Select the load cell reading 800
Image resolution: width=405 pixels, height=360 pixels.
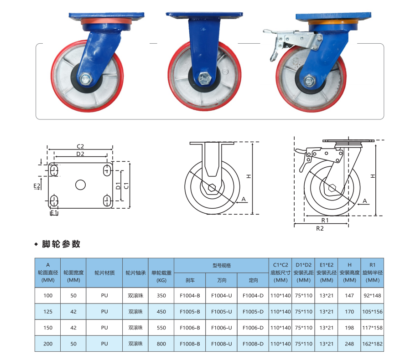[161, 344]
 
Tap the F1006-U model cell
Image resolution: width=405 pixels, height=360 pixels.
[222, 328]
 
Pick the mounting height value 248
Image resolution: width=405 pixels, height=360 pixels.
[349, 344]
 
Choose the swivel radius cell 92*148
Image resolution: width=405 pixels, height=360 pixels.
[373, 295]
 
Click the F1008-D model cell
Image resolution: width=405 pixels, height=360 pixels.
[253, 344]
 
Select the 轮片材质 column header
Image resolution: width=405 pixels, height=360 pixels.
[104, 273]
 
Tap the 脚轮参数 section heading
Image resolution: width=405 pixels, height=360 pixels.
[61, 244]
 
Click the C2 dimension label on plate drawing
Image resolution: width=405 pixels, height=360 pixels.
[80, 146]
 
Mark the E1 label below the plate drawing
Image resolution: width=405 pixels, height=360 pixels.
[53, 213]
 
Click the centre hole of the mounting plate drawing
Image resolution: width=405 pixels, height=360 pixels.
[80, 185]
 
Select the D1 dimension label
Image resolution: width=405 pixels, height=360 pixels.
[118, 185]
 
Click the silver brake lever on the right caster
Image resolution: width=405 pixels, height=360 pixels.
[275, 46]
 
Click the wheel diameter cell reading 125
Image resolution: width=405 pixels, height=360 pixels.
[48, 312]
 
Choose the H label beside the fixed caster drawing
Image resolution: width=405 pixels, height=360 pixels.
[248, 176]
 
